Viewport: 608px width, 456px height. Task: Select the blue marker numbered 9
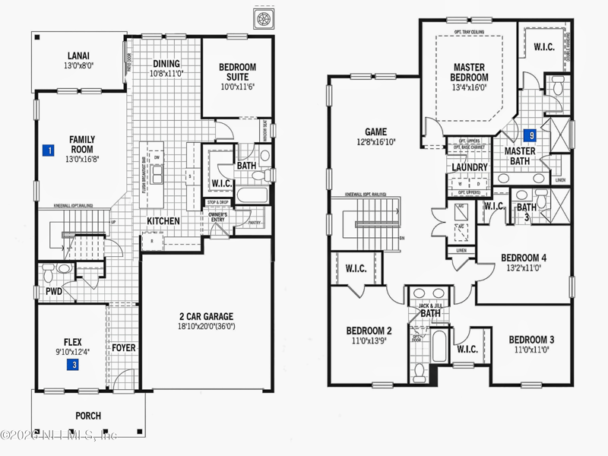[532, 135]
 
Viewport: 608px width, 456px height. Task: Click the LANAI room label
[79, 55]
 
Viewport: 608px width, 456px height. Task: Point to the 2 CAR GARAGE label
[206, 316]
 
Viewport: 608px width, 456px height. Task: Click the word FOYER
[124, 348]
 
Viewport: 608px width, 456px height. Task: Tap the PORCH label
[88, 416]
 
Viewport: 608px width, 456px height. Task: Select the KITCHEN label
[163, 221]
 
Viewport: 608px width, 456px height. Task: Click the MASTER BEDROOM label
[469, 72]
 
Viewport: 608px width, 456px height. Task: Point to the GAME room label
[376, 131]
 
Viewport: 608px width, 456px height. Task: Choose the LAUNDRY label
[469, 167]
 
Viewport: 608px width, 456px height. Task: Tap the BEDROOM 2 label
[369, 331]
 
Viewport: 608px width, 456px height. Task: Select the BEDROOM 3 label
[531, 339]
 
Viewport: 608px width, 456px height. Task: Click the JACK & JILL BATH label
[430, 310]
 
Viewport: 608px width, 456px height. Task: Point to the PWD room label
[53, 291]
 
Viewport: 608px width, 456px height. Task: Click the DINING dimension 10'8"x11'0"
[166, 74]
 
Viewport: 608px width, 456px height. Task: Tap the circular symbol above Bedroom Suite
[264, 18]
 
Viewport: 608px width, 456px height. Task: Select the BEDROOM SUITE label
[237, 72]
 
